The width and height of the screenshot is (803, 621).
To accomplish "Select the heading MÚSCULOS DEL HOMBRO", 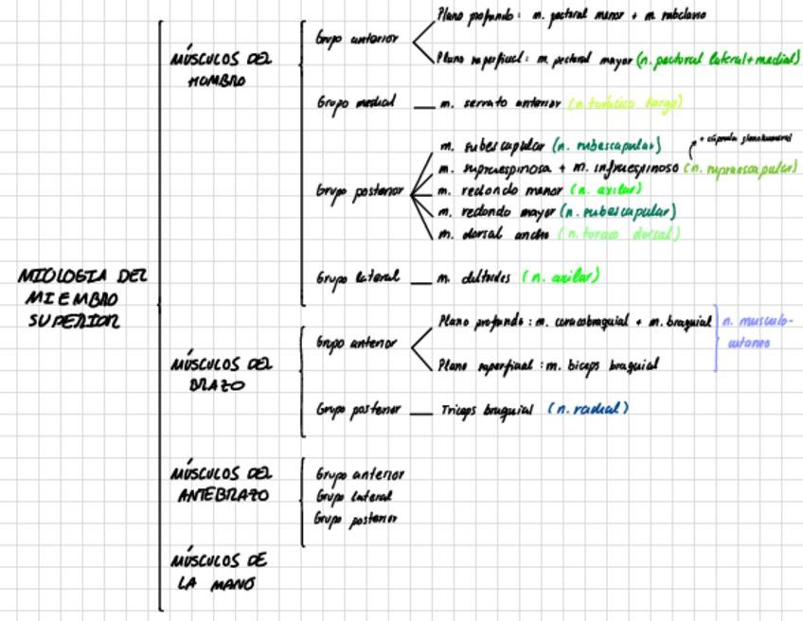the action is pos(221,69).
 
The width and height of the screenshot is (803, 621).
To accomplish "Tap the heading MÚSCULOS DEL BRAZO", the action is pos(221,374).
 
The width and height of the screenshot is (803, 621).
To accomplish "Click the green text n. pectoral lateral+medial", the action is pos(718,59).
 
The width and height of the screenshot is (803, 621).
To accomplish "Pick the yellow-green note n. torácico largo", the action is pos(625,102).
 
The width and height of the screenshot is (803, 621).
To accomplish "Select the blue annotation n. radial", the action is pos(588,409).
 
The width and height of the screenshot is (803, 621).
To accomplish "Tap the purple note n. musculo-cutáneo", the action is pos(757,331).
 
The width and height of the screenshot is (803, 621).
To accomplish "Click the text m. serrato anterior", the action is pos(500,103).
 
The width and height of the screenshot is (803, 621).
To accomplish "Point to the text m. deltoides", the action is pos(474,278).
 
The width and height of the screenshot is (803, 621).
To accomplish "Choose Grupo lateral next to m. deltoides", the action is pos(356,278).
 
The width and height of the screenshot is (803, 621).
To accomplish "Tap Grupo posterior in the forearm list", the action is pos(355,518).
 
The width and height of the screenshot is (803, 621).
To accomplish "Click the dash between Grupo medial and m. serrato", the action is pos(423,105).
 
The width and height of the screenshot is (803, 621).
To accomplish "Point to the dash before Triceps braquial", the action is pos(421,412).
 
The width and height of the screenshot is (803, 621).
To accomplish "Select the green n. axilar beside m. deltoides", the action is pos(562,277).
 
